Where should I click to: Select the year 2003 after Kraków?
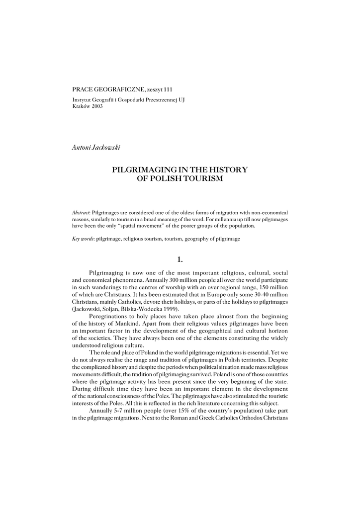tap(96, 106)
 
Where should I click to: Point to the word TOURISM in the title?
tap(201, 178)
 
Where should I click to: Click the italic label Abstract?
tap(81, 212)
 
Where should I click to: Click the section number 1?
tap(180, 258)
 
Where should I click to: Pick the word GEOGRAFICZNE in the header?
tap(119, 89)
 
